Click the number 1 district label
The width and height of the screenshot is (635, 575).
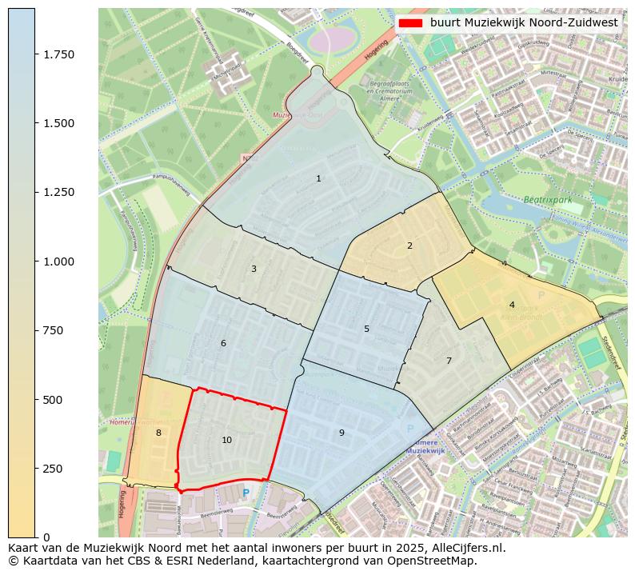318,178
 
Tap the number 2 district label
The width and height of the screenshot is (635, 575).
409,246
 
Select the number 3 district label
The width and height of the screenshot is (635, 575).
254,269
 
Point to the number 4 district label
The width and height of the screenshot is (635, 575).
512,305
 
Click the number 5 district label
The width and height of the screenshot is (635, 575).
366,329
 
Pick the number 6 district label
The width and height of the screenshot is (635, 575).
223,343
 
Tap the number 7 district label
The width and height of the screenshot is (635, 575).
449,361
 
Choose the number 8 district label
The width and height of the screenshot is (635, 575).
158,433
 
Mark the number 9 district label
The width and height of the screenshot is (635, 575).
341,433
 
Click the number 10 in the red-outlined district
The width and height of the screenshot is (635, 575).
227,440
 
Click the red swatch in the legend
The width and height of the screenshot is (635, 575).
410,23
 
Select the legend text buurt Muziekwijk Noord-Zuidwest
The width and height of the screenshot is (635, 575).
524,23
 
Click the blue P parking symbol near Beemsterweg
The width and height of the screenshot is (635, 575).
246,493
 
